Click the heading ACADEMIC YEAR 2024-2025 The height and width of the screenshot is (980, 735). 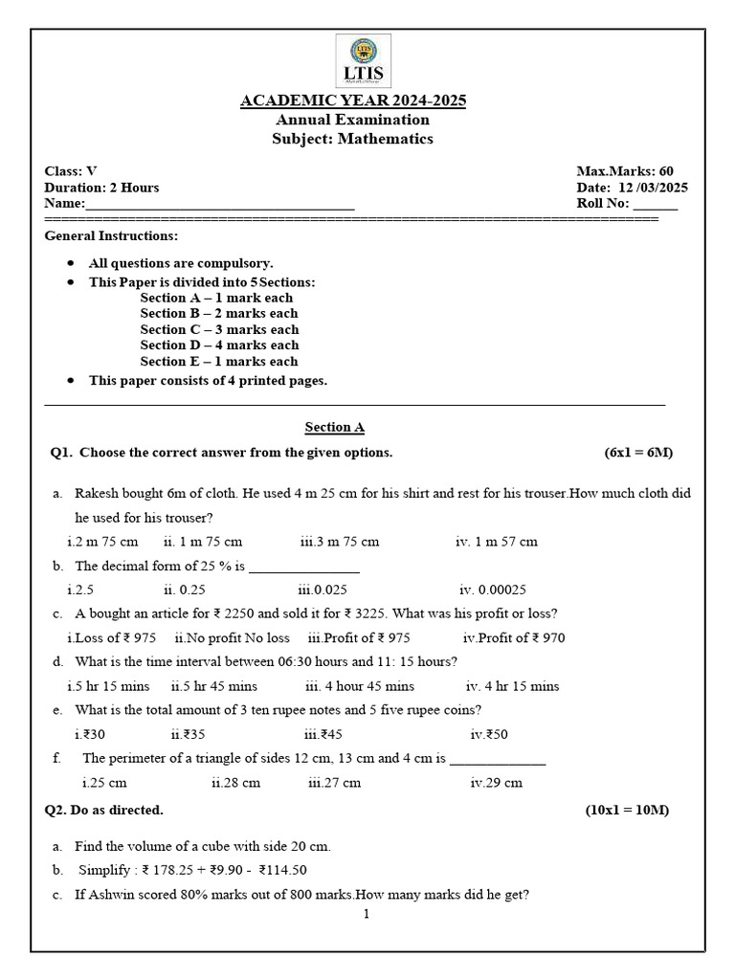[352, 101]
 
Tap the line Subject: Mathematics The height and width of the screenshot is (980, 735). [353, 139]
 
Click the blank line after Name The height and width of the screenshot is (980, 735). [220, 205]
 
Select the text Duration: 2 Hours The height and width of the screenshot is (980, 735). [102, 188]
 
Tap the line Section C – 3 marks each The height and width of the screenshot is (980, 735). [219, 329]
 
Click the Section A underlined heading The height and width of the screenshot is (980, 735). [335, 428]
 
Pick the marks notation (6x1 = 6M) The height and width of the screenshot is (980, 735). [638, 452]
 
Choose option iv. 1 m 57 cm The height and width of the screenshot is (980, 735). [496, 542]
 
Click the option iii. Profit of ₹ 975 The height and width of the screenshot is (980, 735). [359, 638]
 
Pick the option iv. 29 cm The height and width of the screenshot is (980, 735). [496, 783]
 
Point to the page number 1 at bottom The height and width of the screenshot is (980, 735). [366, 914]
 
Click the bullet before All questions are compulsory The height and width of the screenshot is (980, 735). [71, 263]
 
